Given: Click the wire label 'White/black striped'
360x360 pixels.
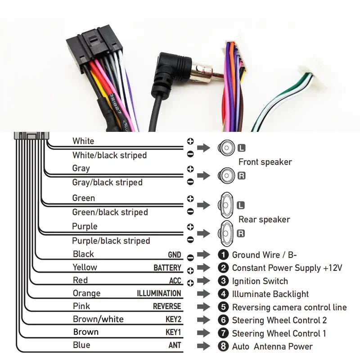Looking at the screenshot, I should [109, 155].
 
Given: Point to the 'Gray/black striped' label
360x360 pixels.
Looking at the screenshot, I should [107, 182].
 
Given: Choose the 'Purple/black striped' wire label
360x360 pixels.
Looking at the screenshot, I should [111, 241].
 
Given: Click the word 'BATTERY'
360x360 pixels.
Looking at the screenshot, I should [167, 268].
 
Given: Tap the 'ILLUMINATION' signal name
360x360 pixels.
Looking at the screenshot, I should [159, 293].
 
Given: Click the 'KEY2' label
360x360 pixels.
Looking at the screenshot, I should [173, 320].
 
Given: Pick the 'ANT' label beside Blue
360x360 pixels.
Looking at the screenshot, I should [175, 345].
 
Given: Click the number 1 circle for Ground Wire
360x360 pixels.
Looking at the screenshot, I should [224, 255].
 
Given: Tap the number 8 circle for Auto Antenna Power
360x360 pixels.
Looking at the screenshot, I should [224, 346].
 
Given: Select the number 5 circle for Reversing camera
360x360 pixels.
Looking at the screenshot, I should [224, 307].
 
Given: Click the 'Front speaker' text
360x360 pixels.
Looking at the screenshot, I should [265, 162].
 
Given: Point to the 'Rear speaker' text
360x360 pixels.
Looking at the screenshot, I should [264, 220].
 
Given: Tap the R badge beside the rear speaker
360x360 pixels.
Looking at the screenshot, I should [241, 233].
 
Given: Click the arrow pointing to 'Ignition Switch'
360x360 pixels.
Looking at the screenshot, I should [204, 281].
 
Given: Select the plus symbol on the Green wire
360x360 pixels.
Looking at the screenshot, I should [190, 198].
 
